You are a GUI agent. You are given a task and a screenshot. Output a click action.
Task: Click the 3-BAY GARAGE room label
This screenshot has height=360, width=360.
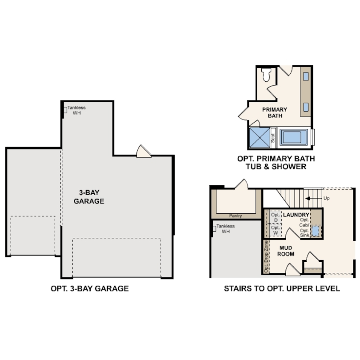[92, 197]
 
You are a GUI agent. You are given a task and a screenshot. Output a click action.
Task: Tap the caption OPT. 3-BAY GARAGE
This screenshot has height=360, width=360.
[90, 288]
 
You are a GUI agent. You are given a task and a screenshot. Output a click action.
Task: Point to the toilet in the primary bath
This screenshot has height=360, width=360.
[267, 75]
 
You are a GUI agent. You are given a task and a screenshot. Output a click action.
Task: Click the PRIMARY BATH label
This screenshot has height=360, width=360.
[275, 112]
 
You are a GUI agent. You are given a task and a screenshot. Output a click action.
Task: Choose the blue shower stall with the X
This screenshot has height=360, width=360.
[259, 137]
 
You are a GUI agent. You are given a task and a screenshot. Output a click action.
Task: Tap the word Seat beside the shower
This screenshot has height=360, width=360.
[273, 137]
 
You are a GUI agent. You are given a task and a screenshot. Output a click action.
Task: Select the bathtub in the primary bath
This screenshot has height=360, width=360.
[294, 137]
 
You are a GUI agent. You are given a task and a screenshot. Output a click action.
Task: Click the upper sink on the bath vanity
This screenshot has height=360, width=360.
[306, 76]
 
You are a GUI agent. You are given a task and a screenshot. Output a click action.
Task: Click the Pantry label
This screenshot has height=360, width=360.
[236, 216]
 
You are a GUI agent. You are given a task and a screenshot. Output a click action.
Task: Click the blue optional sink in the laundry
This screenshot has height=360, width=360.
[315, 231]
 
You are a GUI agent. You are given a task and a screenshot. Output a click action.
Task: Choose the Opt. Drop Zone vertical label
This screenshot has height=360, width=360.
[266, 256]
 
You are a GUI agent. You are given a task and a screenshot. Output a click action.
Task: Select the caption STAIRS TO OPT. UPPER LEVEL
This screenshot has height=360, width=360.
[282, 288]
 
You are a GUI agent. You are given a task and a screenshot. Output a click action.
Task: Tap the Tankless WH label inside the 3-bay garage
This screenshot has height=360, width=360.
[76, 110]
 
